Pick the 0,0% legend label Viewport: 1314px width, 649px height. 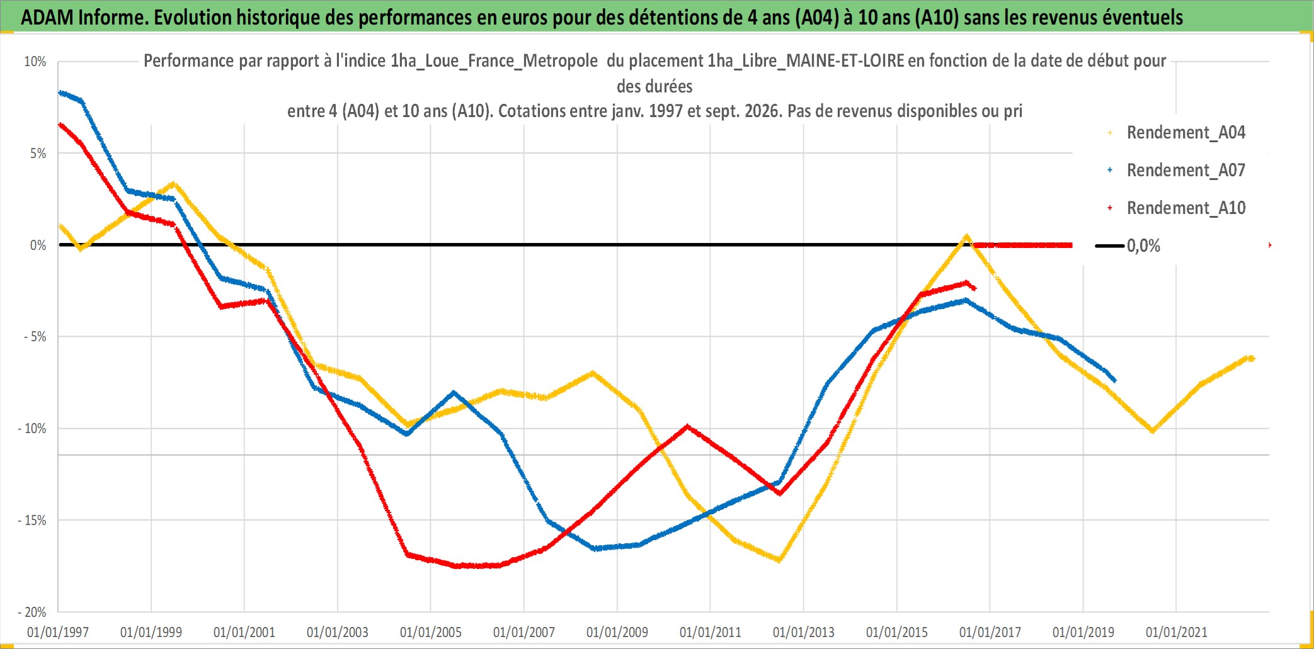[x=1143, y=245]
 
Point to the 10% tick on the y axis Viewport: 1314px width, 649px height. [x=35, y=62]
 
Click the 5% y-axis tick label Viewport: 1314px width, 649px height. [x=38, y=154]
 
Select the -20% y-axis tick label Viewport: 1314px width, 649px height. [x=32, y=612]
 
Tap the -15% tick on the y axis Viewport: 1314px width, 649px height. [x=32, y=521]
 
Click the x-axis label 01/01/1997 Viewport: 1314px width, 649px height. [x=58, y=632]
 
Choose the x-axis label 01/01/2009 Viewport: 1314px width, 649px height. [x=617, y=632]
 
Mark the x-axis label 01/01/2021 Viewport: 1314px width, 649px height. [x=1177, y=632]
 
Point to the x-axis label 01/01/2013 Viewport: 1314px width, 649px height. [x=804, y=632]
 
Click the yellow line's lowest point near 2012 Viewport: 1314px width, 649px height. [x=779, y=560]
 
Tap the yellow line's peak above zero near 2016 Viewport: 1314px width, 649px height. [x=966, y=237]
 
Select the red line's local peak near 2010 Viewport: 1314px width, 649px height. [x=687, y=426]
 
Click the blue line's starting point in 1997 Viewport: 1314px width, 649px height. [x=60, y=93]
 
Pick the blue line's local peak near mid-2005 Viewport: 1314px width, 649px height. [x=454, y=393]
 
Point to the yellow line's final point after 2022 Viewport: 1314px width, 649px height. [x=1252, y=359]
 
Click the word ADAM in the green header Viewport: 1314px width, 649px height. [x=47, y=18]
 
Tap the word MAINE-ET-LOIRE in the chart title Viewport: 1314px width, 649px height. [x=845, y=61]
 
